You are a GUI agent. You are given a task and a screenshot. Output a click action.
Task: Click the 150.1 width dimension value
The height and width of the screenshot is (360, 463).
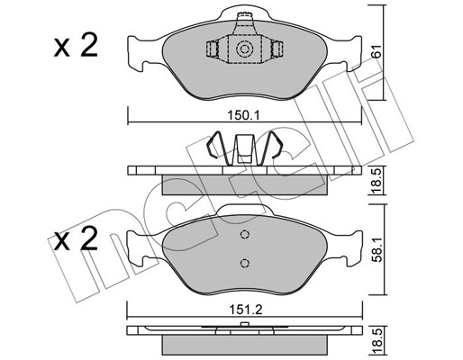pyautogui.click(x=243, y=115)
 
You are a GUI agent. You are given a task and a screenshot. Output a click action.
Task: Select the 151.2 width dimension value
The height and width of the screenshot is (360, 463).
pyautogui.click(x=246, y=310)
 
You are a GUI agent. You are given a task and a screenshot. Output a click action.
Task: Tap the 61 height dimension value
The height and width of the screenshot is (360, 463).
pyautogui.click(x=376, y=50)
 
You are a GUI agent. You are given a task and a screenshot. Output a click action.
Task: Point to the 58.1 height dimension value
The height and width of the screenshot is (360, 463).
pyautogui.click(x=377, y=249)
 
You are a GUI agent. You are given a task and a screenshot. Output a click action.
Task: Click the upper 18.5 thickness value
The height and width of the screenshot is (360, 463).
pyautogui.click(x=377, y=181)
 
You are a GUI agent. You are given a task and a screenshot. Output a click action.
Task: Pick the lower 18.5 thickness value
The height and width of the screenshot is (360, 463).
pyautogui.click(x=377, y=341)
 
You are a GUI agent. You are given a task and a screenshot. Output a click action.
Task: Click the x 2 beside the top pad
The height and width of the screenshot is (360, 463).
pyautogui.click(x=76, y=46)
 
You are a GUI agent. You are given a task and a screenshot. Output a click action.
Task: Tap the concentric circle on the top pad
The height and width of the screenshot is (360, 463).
pyautogui.click(x=245, y=49)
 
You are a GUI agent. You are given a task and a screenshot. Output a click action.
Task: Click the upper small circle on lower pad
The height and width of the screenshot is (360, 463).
pyautogui.click(x=245, y=234)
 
